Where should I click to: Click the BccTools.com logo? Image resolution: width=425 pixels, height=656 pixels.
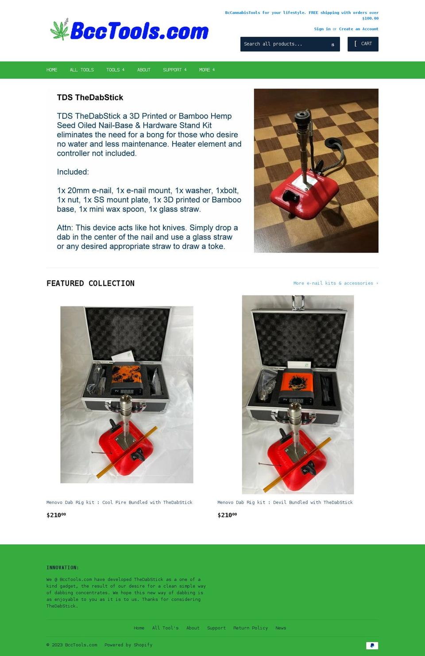[129, 31]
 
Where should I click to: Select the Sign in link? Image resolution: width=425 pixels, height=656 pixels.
[322, 29]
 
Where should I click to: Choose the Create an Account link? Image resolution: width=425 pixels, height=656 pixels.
[358, 29]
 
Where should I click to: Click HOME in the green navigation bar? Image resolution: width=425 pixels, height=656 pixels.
[52, 70]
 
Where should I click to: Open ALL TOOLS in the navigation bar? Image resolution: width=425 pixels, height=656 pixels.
[81, 70]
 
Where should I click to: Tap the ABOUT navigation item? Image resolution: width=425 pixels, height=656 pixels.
[143, 70]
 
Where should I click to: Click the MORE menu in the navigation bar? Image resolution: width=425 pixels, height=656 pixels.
[206, 70]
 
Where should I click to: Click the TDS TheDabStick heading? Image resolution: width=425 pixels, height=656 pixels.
[90, 97]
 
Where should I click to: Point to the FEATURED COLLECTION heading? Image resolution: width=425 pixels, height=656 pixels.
[90, 283]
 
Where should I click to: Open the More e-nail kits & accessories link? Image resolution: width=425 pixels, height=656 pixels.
[336, 283]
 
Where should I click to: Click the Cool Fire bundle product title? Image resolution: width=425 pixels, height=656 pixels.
[119, 502]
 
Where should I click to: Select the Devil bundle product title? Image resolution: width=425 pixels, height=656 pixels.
[285, 502]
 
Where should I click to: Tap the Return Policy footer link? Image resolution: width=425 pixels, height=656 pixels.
[250, 628]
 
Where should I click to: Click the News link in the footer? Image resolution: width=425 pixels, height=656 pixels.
[280, 628]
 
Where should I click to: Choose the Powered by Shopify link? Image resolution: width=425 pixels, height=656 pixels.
[128, 645]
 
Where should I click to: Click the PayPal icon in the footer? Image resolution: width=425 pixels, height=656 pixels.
[372, 645]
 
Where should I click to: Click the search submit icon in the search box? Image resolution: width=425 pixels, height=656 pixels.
[332, 44]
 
